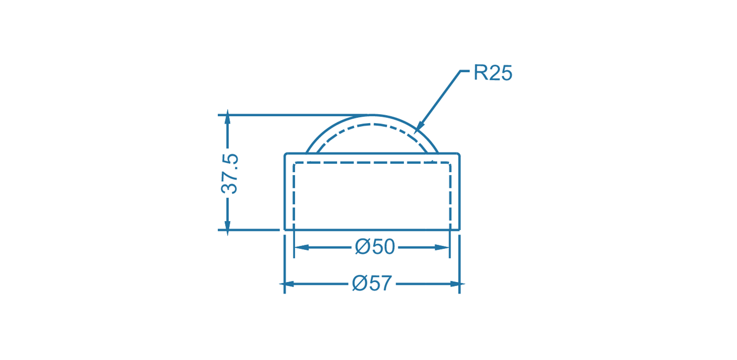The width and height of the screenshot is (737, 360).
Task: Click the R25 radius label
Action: click(492, 73)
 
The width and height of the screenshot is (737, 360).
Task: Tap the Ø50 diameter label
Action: click(375, 247)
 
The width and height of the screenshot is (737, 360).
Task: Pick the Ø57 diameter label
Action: click(372, 283)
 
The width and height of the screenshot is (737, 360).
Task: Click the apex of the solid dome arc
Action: click(372, 115)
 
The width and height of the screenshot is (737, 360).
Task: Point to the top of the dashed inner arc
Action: click(372, 124)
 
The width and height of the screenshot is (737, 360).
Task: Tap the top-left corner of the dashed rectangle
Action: click(294, 163)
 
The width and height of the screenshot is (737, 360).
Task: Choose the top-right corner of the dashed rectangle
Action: click(450, 163)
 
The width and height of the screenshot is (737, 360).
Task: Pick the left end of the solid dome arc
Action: click(307, 152)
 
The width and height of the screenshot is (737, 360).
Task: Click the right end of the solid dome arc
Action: click(437, 152)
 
